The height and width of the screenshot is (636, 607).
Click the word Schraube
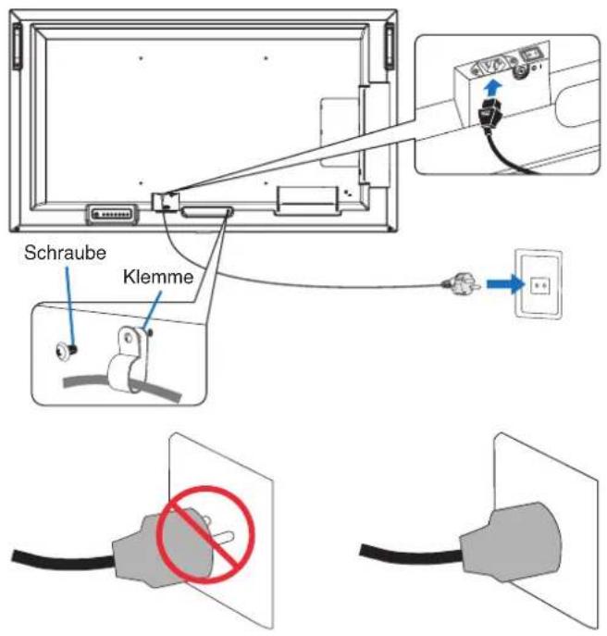coord(66,253)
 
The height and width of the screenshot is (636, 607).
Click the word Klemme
coord(158,277)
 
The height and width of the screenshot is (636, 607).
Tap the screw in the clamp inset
coord(67,350)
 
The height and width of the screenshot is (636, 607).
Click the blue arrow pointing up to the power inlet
coord(493,88)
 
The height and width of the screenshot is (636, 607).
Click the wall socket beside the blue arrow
coord(539,283)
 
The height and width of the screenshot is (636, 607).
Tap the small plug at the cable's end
coord(463,283)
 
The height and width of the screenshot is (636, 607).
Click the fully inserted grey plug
coord(511,542)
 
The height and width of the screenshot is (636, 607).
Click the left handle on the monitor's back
coord(17,46)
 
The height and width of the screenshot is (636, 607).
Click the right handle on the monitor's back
coord(390,46)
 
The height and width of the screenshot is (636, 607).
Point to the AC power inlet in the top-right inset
coord(492,66)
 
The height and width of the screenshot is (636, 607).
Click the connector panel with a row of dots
coord(112,213)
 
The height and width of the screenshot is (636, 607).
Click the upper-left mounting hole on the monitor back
coord(141,58)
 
